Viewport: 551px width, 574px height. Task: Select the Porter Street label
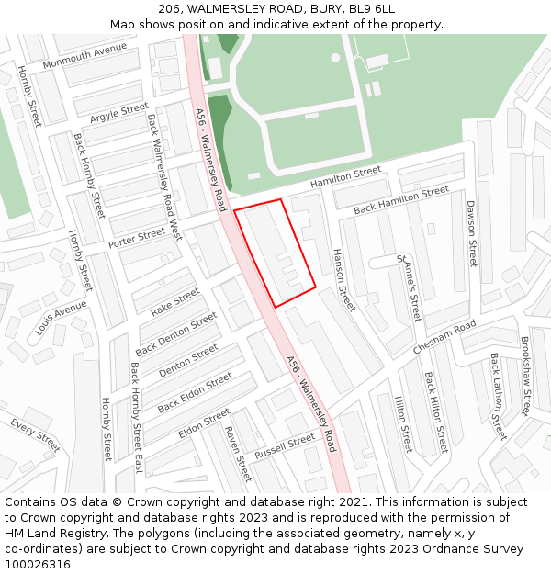point(137,238)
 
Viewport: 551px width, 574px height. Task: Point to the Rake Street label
point(175,302)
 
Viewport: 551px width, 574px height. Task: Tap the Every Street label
point(35,434)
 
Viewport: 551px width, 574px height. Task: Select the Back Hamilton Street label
point(401,199)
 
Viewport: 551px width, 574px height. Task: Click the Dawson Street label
point(472,234)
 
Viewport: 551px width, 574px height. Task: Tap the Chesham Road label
point(444,337)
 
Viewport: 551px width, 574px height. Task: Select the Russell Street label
point(285,445)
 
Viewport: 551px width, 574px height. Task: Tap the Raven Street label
point(237,453)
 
